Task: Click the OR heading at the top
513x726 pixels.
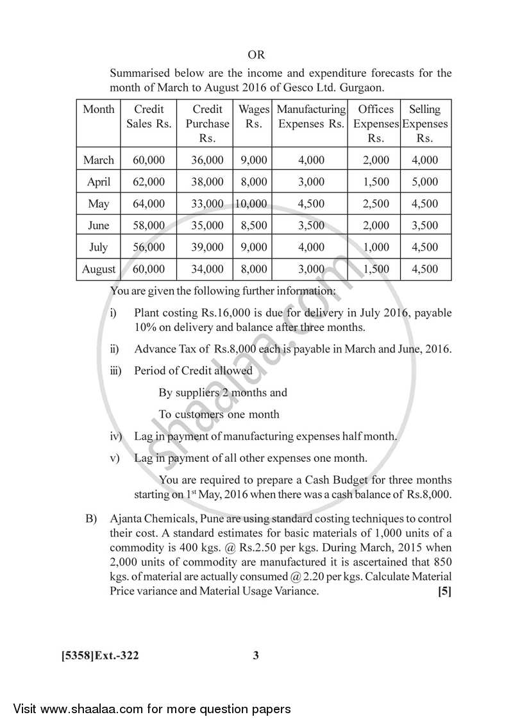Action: click(x=256, y=55)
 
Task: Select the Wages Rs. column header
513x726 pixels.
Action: click(x=253, y=117)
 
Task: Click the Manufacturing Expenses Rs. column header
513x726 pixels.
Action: click(x=311, y=117)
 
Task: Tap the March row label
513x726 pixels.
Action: click(x=99, y=160)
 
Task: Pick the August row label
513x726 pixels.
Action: click(x=99, y=269)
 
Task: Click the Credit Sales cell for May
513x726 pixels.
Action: click(x=149, y=204)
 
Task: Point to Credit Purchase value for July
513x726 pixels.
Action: click(x=207, y=248)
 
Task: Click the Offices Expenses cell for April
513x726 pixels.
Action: click(x=376, y=182)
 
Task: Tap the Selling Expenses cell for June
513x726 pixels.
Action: click(x=425, y=226)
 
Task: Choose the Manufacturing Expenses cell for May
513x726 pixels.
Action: click(x=311, y=204)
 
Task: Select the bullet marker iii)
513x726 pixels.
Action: click(x=116, y=371)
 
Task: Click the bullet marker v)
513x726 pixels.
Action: click(x=116, y=458)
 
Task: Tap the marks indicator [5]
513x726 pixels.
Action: click(x=444, y=591)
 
